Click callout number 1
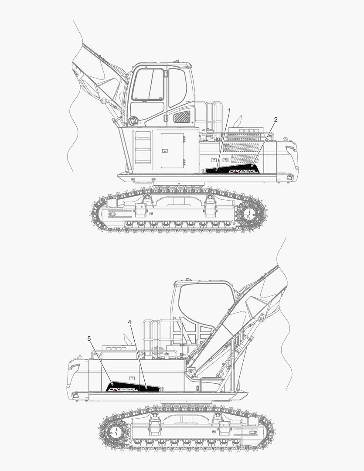(229, 111)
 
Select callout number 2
(276, 119)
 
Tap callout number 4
(129, 322)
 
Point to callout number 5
(89, 338)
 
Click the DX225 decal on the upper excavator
(244, 171)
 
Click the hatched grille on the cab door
(182, 117)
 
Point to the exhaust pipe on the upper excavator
(238, 121)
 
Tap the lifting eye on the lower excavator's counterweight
(80, 358)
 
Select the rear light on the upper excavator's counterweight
(289, 177)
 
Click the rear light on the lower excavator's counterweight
(75, 396)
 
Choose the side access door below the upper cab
(172, 151)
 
